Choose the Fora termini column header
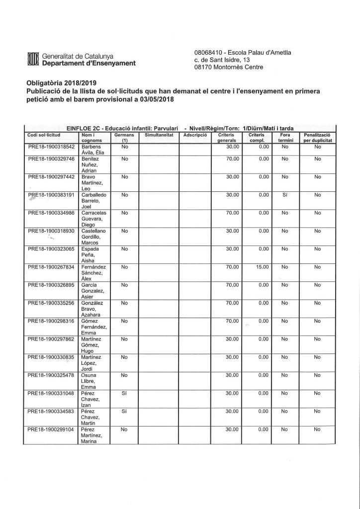(x=285, y=138)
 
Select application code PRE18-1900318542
(x=51, y=147)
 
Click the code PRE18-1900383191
(x=51, y=195)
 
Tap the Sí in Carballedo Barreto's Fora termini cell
(x=285, y=195)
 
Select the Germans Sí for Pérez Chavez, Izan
(x=125, y=393)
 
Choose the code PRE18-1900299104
(x=51, y=428)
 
